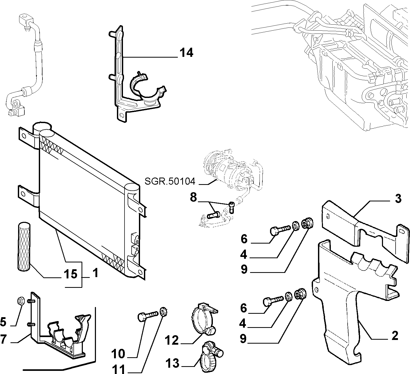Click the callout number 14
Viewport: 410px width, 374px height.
pos(186,53)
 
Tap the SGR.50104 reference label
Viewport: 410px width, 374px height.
pos(170,181)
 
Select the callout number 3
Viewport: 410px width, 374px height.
pos(398,199)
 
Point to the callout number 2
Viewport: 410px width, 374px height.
pos(394,335)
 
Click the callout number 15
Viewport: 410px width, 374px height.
pos(71,274)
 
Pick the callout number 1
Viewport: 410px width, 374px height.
pos(95,273)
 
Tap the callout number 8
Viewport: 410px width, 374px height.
pos(193,197)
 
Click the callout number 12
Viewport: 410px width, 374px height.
pos(172,340)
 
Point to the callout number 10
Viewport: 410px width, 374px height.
pos(118,354)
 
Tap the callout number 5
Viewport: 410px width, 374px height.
pos(3,322)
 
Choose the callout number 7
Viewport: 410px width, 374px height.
pos(3,339)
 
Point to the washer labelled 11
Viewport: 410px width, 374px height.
pos(164,312)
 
